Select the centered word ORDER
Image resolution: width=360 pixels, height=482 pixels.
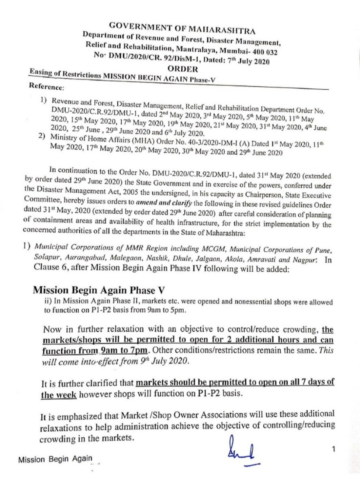[183, 69]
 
